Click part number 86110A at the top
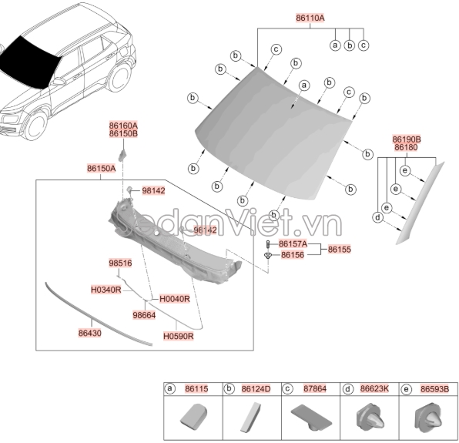310,17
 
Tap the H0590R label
178,337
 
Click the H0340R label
106,290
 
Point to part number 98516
120,263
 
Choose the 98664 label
144,314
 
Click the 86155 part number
340,250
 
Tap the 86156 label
293,255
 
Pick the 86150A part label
101,167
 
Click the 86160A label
123,126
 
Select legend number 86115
196,390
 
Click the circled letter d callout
377,218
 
